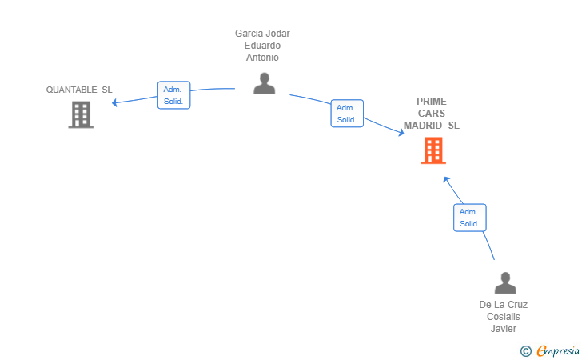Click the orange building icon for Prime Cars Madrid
click(x=433, y=150)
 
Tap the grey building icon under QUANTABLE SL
click(x=81, y=114)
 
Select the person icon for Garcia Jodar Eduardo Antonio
click(x=265, y=83)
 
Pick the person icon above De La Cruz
click(x=505, y=282)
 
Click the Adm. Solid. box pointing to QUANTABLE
click(x=173, y=95)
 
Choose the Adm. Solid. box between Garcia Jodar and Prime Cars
click(x=347, y=114)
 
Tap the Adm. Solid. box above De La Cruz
click(x=470, y=218)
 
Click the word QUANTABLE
click(x=71, y=90)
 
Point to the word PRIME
click(x=432, y=102)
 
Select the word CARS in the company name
click(x=432, y=114)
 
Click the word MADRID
click(x=423, y=126)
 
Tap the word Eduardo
click(x=262, y=46)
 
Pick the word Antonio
click(x=262, y=58)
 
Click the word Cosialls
click(x=504, y=317)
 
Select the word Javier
click(x=504, y=329)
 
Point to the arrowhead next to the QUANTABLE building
click(x=114, y=102)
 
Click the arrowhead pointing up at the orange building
click(x=446, y=179)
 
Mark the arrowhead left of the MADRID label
click(x=401, y=132)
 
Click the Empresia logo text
click(x=558, y=350)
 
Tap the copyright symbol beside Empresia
click(x=526, y=351)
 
